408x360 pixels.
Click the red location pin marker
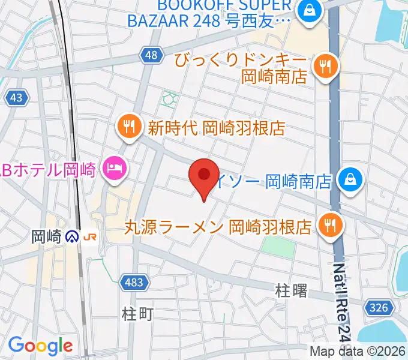(203, 175)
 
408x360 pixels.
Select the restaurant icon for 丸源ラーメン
(329, 226)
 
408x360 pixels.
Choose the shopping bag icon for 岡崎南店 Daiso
(350, 179)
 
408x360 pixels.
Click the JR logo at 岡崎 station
(91, 237)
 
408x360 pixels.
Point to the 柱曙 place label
(292, 292)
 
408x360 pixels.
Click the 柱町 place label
(138, 313)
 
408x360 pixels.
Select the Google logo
(40, 346)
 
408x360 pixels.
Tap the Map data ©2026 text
(358, 351)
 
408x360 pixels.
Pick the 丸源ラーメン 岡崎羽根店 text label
(219, 227)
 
